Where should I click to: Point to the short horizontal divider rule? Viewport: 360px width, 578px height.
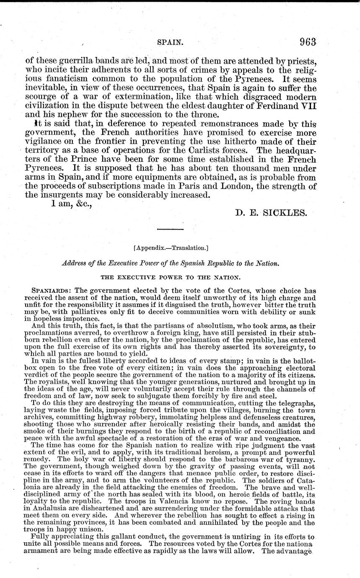tap(170, 230)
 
